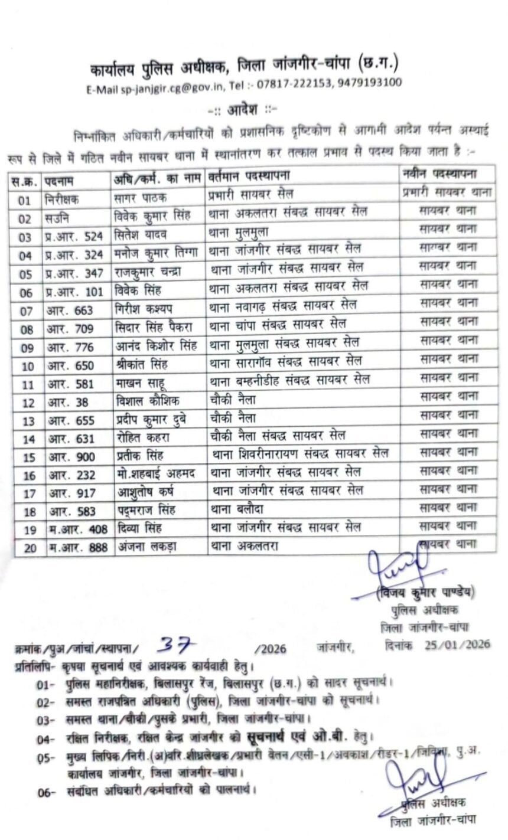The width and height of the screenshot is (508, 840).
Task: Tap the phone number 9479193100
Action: pyautogui.click(x=370, y=82)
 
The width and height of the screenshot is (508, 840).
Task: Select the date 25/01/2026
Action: pyautogui.click(x=457, y=644)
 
